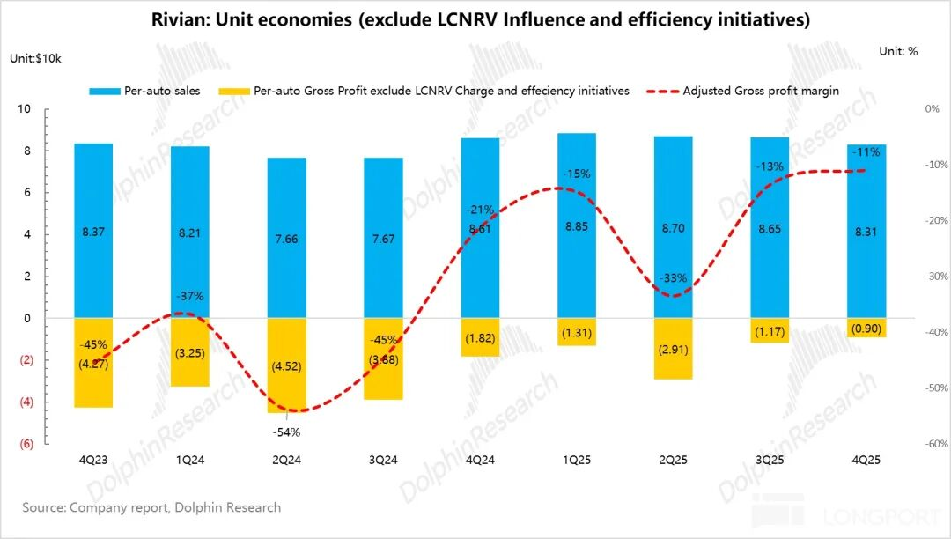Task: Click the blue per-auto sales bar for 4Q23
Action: (93, 230)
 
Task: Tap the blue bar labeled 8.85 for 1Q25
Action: (577, 225)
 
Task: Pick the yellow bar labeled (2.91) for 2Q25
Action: (674, 349)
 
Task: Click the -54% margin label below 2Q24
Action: (287, 432)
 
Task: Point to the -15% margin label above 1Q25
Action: (577, 174)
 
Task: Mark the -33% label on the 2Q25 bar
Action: (674, 278)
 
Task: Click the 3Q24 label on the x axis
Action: (383, 460)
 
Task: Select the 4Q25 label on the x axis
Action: (866, 460)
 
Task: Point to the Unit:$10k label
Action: (35, 58)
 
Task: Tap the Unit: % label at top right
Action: (898, 51)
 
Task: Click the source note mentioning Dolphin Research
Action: (152, 507)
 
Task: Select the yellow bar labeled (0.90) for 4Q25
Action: (866, 329)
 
